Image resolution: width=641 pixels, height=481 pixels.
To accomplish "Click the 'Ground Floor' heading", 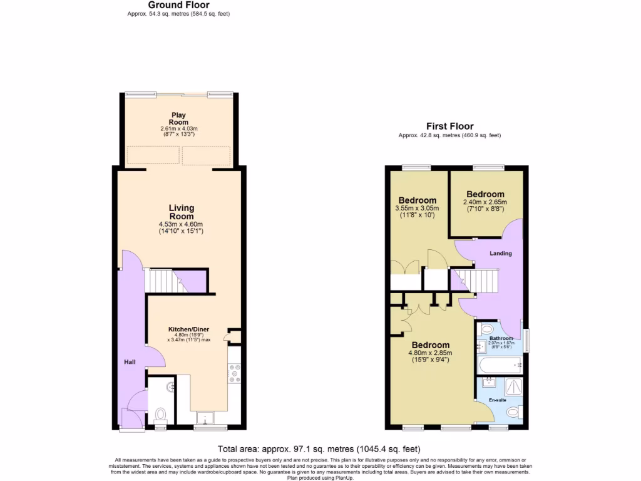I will [178, 5].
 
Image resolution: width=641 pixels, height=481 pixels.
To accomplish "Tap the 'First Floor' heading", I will [449, 126].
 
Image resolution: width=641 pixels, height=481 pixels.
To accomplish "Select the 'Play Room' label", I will [179, 118].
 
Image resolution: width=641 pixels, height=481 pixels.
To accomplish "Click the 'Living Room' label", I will [181, 212].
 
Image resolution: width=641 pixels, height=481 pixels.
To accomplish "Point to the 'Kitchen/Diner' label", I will [188, 329].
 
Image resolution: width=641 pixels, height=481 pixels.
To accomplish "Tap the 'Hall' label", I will [129, 361].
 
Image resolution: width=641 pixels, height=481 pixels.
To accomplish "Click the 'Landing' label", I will [501, 254].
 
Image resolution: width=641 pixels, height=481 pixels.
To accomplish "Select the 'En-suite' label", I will [498, 400].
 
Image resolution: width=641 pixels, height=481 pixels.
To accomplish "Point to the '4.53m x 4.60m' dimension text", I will [181, 224].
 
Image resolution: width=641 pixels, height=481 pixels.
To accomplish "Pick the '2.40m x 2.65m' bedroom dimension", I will [485, 202].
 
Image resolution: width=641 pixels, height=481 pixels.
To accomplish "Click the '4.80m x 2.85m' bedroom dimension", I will [431, 353].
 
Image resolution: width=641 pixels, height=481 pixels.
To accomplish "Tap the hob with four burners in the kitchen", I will [235, 374].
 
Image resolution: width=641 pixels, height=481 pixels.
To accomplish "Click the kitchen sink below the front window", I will [205, 418].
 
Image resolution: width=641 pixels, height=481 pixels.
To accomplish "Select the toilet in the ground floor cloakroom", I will [160, 414].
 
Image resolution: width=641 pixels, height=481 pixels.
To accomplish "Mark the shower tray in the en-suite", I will [513, 386].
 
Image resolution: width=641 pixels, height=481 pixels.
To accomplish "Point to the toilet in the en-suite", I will [513, 412].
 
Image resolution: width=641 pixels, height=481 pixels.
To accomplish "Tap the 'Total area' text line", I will [319, 449].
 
